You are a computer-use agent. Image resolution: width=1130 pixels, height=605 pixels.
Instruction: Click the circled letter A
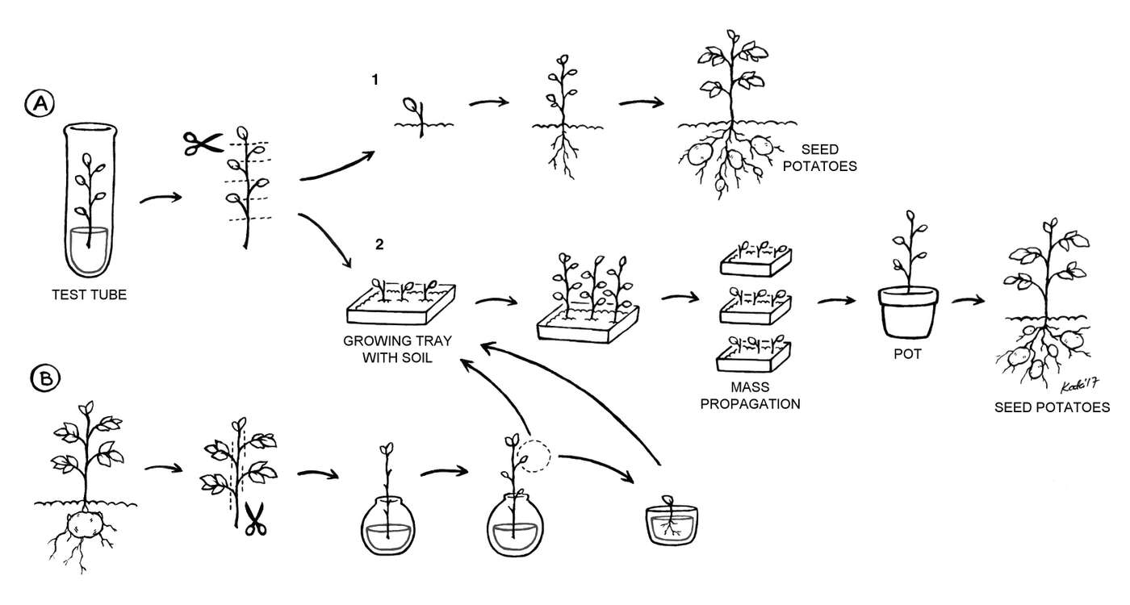[x=39, y=103]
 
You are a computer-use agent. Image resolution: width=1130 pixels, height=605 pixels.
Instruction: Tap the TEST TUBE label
[x=88, y=295]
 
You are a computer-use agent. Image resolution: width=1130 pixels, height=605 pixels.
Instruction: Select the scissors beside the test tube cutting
[x=202, y=144]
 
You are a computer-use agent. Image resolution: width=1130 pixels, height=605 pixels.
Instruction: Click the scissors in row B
[x=255, y=517]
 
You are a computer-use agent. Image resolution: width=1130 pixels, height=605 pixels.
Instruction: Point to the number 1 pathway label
[x=374, y=80]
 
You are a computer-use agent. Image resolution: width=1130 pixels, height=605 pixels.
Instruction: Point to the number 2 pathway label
[x=379, y=244]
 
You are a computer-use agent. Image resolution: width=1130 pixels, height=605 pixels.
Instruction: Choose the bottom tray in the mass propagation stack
[x=755, y=355]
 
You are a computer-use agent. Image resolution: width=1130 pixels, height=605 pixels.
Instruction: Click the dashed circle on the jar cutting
[x=534, y=457]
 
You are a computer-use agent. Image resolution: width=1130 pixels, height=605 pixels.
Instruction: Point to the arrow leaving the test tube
[x=160, y=199]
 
